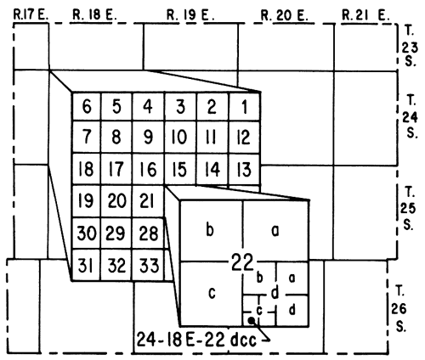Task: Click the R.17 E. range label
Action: pyautogui.click(x=31, y=15)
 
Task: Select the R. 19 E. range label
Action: pyautogui.click(x=190, y=15)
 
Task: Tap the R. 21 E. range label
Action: pyautogui.click(x=365, y=15)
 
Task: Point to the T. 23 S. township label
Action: pyautogui.click(x=410, y=47)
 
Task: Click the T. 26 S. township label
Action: pyautogui.click(x=399, y=309)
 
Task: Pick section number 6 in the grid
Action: pyautogui.click(x=87, y=107)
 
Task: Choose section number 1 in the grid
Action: pyautogui.click(x=244, y=107)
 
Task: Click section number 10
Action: pyautogui.click(x=179, y=138)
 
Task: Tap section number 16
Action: pyautogui.click(x=148, y=170)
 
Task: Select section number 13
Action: pyautogui.click(x=243, y=170)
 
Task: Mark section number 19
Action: pyautogui.click(x=86, y=201)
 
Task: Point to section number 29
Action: pyautogui.click(x=115, y=233)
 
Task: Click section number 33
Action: pyautogui.click(x=149, y=266)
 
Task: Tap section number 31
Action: pyautogui.click(x=85, y=266)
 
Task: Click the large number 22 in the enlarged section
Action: pyautogui.click(x=242, y=262)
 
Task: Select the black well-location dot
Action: pyautogui.click(x=252, y=320)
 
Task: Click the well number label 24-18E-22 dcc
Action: pyautogui.click(x=196, y=339)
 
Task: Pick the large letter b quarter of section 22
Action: pyautogui.click(x=210, y=230)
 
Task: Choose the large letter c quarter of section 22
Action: pyautogui.click(x=212, y=293)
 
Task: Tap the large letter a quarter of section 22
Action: pyautogui.click(x=275, y=231)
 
